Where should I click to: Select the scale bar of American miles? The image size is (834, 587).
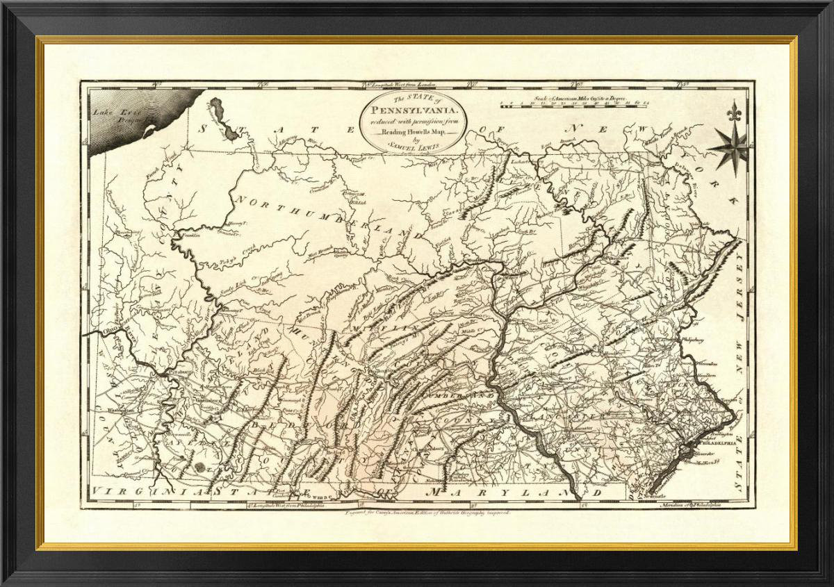575,105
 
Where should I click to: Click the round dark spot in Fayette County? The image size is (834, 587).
199,469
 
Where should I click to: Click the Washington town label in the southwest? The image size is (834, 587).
120,411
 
